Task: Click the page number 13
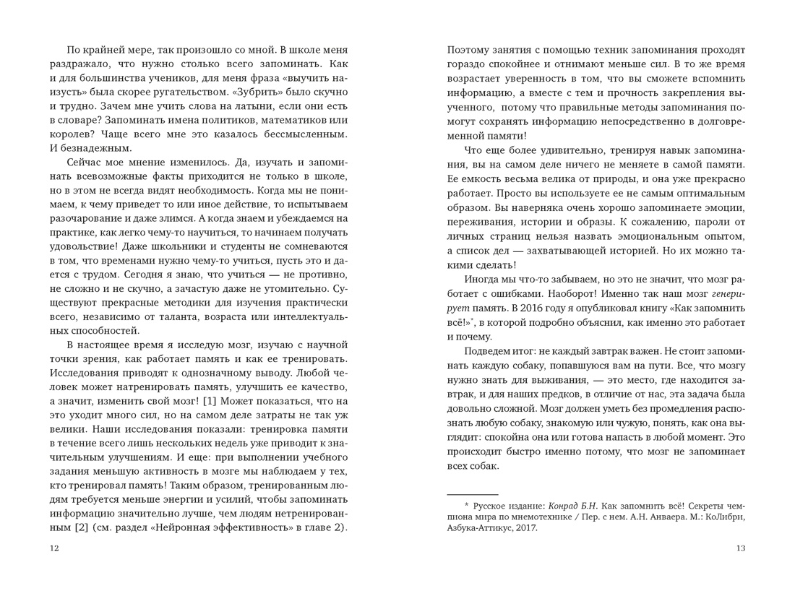(739, 548)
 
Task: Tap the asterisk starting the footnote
(467, 506)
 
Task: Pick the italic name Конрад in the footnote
(568, 506)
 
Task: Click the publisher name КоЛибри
(723, 517)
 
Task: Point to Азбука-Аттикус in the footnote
(477, 528)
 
